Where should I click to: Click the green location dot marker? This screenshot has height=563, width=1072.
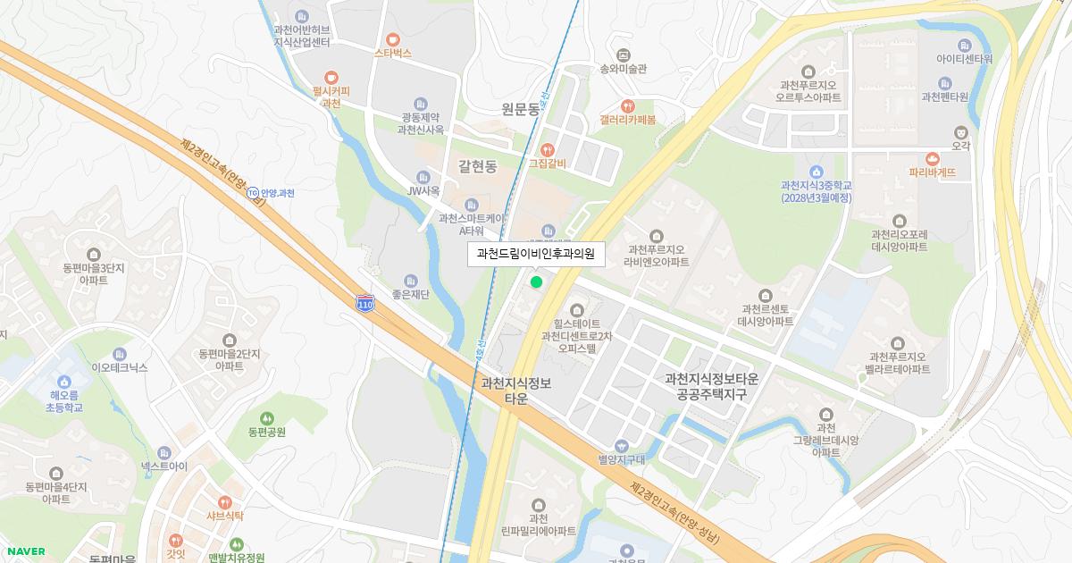click(x=536, y=282)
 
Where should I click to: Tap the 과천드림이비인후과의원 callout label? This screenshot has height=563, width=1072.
click(x=536, y=254)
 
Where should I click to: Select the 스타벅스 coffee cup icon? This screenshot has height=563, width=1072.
click(x=393, y=39)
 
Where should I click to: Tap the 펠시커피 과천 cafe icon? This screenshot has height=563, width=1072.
click(x=331, y=78)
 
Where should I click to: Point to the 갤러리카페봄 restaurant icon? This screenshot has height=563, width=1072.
click(x=627, y=105)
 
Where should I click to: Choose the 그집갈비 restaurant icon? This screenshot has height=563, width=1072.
click(x=548, y=149)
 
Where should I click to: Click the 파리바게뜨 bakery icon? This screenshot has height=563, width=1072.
click(x=933, y=159)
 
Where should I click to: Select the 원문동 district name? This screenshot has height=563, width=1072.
click(x=520, y=109)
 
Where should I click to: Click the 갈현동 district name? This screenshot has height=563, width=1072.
click(x=477, y=165)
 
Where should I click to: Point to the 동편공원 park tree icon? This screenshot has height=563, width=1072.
click(x=266, y=418)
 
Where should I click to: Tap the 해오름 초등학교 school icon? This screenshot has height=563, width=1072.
click(x=65, y=382)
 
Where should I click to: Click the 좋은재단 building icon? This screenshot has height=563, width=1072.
click(x=411, y=281)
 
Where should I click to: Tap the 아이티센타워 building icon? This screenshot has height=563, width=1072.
click(x=964, y=46)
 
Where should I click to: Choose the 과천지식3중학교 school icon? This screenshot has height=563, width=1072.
click(x=815, y=172)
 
